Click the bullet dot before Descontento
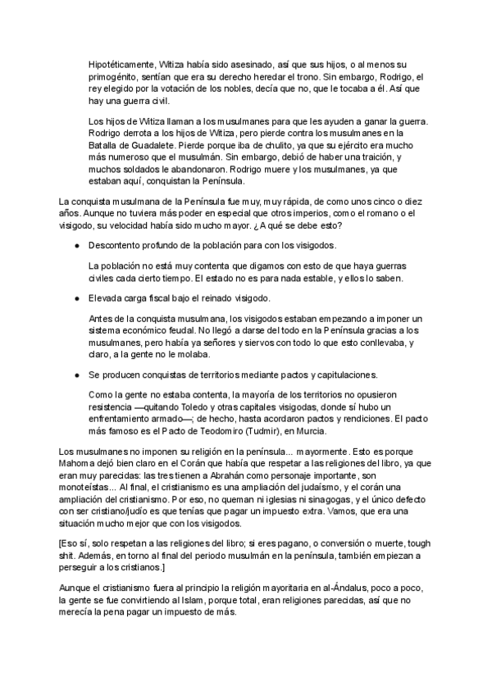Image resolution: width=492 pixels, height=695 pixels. click(x=75, y=245)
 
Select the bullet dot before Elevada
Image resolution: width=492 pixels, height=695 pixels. click(x=75, y=298)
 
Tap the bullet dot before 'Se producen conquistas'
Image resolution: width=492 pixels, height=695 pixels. click(x=75, y=374)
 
